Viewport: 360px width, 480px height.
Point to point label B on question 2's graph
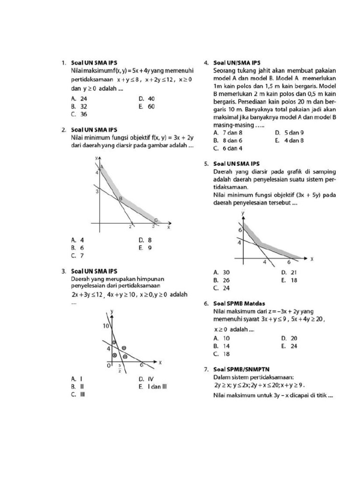(x=120, y=199)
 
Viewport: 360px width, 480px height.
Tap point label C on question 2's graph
(x=156, y=220)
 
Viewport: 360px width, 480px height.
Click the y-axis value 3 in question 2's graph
(x=97, y=192)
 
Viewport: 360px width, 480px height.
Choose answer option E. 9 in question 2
(x=145, y=248)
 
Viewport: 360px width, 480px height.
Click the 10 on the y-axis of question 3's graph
(x=106, y=325)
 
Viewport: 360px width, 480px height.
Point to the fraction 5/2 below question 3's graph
(x=120, y=370)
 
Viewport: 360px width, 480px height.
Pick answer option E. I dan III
(x=153, y=387)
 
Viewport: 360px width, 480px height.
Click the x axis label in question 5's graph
(x=311, y=259)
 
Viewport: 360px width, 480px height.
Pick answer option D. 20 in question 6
(x=289, y=338)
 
